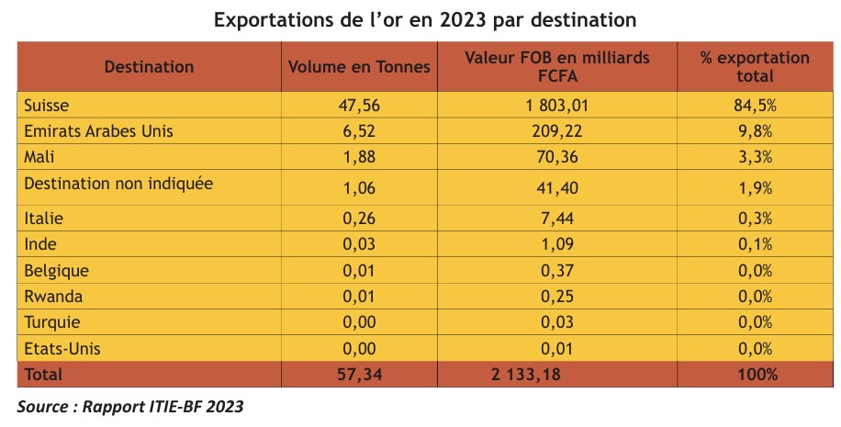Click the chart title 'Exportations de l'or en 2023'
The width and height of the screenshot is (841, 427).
[x=425, y=19]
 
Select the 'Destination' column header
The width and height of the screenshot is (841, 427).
[x=149, y=67]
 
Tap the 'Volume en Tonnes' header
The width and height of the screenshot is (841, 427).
[x=359, y=67]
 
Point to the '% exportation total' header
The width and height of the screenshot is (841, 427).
[x=755, y=66]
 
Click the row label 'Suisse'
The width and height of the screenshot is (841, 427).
[x=48, y=106]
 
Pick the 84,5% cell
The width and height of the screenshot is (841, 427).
[x=755, y=106]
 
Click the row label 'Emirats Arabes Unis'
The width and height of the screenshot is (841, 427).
[x=99, y=131]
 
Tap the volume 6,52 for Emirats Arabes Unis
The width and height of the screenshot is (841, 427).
[x=359, y=131]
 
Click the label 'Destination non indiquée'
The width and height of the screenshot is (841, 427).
[x=119, y=184]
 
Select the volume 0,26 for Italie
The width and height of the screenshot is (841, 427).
[x=359, y=219]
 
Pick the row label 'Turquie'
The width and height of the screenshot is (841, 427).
[x=53, y=322]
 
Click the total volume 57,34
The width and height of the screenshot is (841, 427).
[x=359, y=375]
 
